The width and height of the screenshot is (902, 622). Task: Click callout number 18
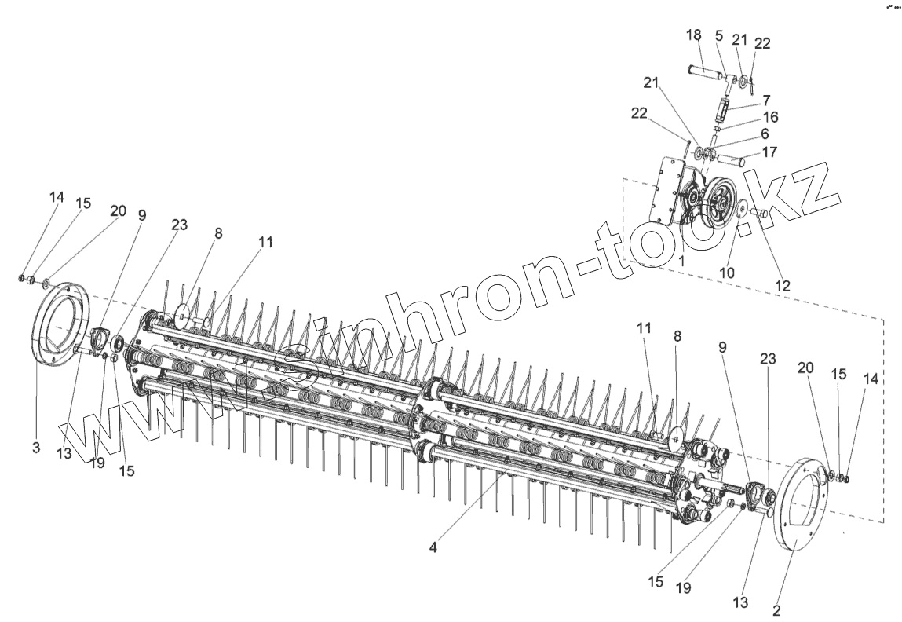[x=693, y=35]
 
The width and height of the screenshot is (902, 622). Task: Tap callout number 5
[x=718, y=35]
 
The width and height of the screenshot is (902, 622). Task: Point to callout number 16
[x=770, y=117]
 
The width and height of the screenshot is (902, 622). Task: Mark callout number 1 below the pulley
[x=683, y=259]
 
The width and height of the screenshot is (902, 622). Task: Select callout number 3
[x=36, y=448]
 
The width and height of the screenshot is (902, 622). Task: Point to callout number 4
[x=433, y=547]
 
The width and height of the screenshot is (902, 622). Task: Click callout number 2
[x=776, y=609]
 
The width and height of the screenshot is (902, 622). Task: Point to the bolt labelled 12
[x=759, y=213]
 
